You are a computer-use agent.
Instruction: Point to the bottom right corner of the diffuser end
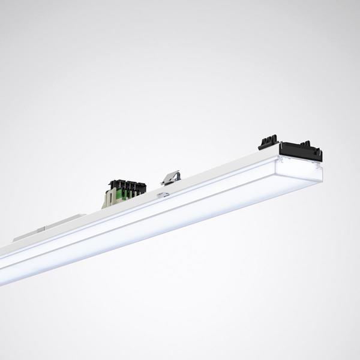tap(320, 180)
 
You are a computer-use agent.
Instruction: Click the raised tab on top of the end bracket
tap(308, 143)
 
